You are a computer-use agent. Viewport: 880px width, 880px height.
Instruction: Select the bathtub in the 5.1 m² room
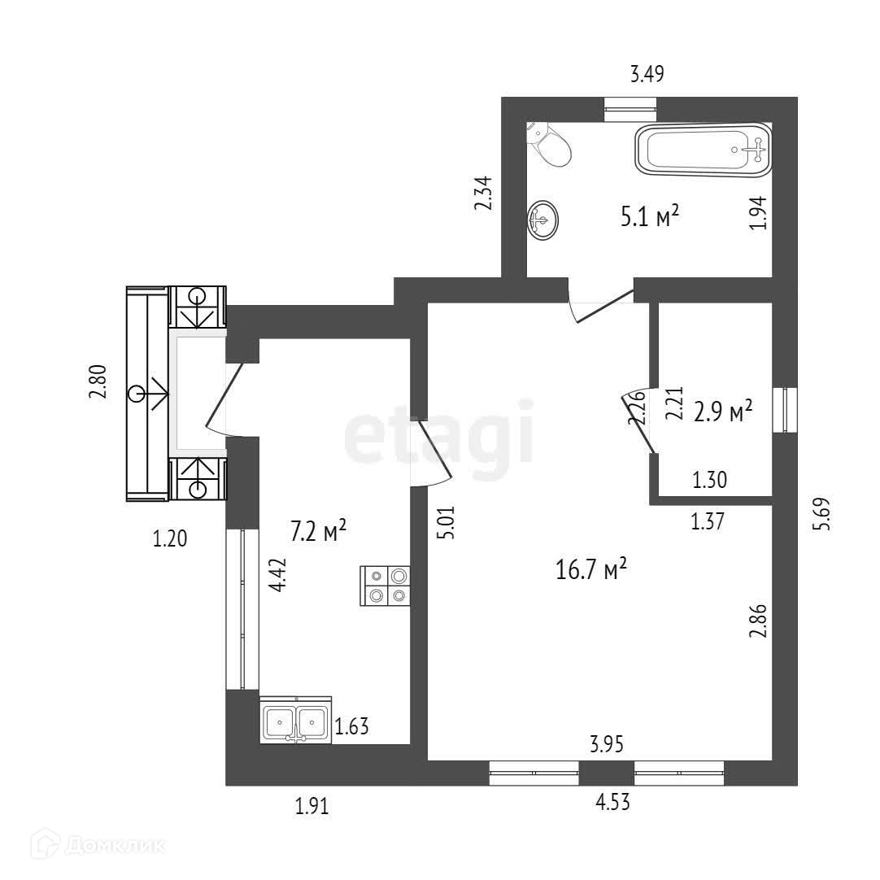703,148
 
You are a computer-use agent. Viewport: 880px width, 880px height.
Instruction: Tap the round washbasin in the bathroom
542,220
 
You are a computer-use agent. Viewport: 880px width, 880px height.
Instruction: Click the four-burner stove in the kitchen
386,585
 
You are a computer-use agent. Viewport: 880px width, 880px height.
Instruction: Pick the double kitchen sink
295,720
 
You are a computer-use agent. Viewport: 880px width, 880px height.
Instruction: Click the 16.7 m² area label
591,570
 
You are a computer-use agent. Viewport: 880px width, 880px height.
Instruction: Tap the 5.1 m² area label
649,217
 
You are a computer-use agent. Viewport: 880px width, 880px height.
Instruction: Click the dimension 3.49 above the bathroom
647,75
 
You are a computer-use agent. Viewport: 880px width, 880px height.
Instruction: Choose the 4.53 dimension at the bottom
612,804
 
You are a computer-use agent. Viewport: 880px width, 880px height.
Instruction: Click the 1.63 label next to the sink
352,725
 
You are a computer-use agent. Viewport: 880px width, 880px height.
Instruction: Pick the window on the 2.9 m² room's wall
786,410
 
